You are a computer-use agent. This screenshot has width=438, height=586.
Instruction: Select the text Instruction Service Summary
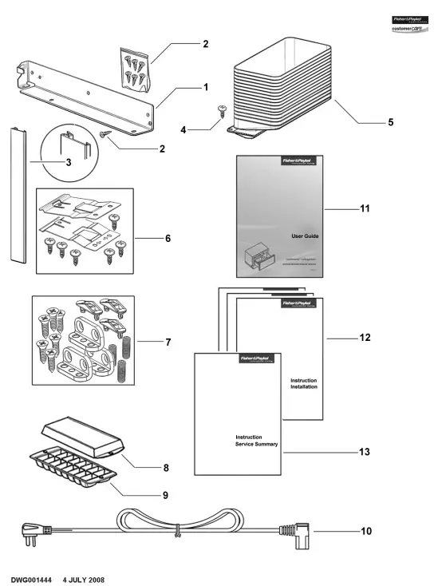(x=256, y=440)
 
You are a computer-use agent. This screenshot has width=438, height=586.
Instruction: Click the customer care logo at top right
(x=410, y=26)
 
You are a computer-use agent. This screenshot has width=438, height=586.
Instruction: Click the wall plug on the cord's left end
(x=33, y=529)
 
